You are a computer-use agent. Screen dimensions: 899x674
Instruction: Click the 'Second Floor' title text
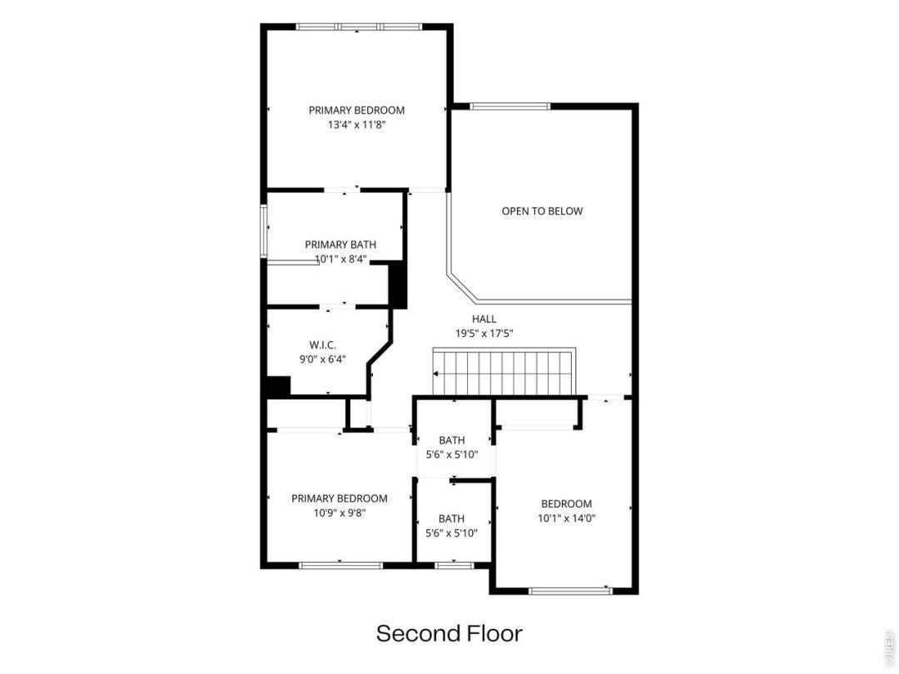pos(449,633)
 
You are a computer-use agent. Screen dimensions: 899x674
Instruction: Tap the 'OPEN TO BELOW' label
pos(542,211)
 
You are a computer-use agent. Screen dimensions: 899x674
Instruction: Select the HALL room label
pos(484,319)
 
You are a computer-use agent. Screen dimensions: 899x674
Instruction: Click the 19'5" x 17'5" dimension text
pos(484,333)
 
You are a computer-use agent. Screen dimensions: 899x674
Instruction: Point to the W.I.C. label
pos(322,345)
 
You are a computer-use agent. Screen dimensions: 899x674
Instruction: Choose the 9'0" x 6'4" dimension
pos(322,359)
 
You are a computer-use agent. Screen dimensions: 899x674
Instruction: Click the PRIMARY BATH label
pos(340,245)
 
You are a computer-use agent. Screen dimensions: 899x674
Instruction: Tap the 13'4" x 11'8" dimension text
pos(356,124)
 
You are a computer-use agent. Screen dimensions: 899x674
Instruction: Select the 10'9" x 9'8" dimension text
pos(340,513)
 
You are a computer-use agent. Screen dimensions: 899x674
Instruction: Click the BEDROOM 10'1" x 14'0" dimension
pos(567,518)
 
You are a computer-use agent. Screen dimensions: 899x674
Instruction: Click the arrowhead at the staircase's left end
pos(435,374)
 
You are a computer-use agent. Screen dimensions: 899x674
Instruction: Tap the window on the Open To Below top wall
pos(509,106)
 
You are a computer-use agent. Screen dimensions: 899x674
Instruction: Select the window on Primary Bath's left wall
pos(264,231)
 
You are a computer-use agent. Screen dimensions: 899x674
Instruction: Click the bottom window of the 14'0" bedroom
pos(570,591)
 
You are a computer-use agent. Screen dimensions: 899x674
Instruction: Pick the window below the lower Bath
pos(454,565)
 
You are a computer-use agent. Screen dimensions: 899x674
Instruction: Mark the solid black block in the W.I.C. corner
pos(279,386)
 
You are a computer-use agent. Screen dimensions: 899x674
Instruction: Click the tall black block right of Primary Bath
pos(398,285)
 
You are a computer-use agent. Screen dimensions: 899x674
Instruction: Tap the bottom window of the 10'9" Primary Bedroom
pos(340,565)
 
